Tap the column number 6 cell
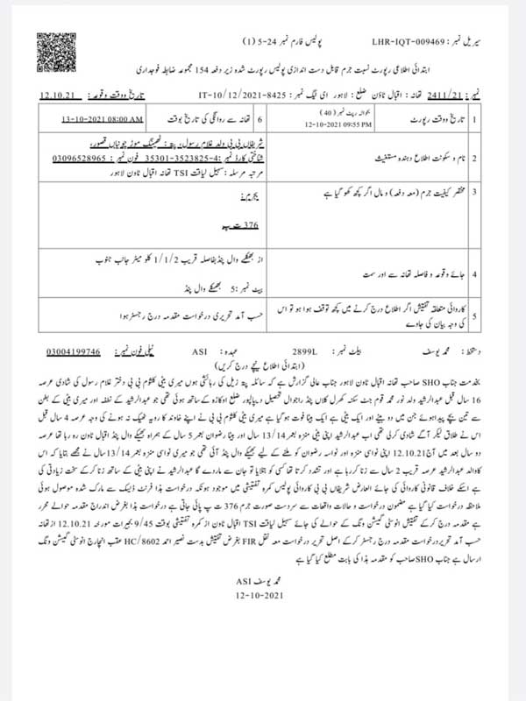click(x=259, y=117)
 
